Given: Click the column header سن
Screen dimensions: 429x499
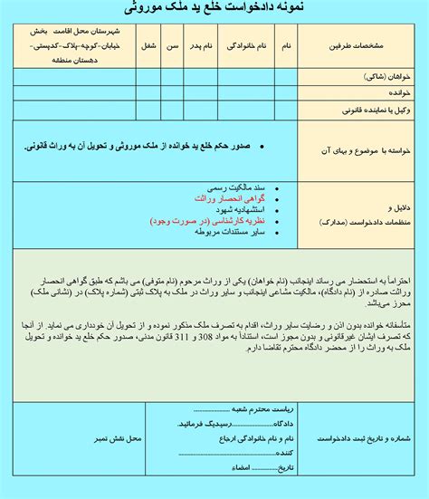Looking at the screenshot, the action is pos(171,45).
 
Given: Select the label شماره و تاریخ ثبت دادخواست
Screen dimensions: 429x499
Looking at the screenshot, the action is pos(364,437).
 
